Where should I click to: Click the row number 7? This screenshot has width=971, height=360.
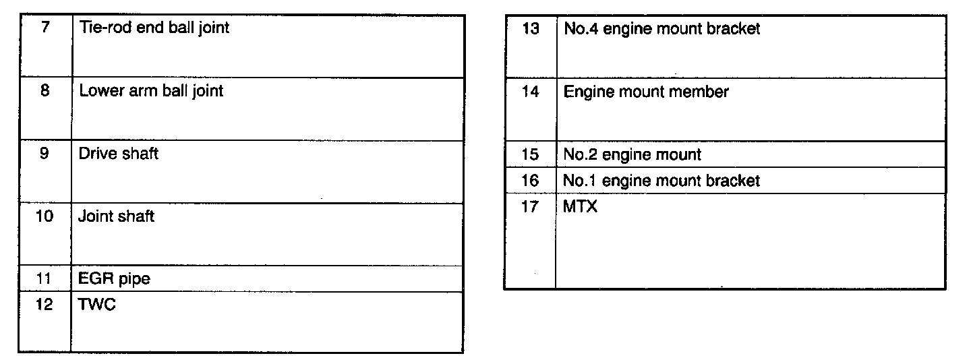click(44, 28)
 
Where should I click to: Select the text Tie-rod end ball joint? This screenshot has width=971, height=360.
click(154, 28)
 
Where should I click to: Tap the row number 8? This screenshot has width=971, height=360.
click(44, 90)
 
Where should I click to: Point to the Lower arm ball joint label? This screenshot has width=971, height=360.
click(151, 90)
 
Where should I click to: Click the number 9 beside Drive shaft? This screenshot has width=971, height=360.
click(44, 153)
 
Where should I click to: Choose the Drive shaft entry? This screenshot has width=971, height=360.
click(119, 153)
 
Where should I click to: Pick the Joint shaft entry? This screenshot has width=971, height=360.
click(117, 216)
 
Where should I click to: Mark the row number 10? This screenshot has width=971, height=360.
click(44, 216)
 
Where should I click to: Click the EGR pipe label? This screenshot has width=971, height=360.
click(114, 278)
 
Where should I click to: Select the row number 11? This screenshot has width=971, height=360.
click(44, 278)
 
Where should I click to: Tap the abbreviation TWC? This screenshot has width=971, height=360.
click(97, 305)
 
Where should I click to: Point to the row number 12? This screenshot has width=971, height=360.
click(44, 305)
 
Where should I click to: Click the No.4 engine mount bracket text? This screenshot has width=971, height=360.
click(661, 29)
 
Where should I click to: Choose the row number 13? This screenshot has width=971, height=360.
click(531, 29)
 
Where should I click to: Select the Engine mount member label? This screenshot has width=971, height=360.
click(646, 92)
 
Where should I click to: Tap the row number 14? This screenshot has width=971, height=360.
click(531, 92)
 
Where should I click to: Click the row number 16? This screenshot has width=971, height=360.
click(531, 181)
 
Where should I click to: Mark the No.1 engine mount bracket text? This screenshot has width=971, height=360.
click(661, 181)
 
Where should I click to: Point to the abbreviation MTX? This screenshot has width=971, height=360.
click(580, 207)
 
